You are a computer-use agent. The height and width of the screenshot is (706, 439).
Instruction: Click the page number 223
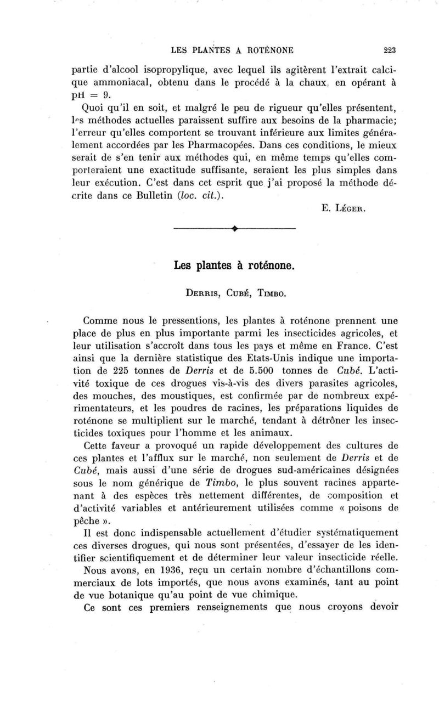(x=390, y=50)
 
